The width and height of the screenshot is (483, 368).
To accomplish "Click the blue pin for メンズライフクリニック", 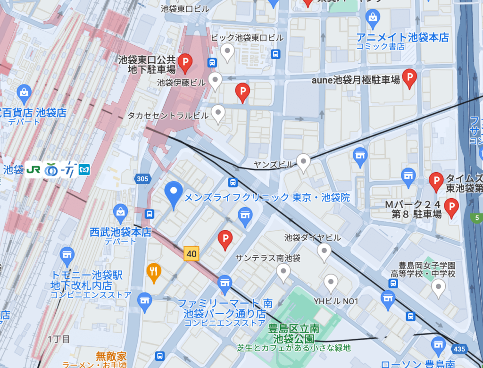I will pyautogui.click(x=173, y=194).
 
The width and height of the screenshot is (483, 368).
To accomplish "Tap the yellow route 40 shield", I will pyautogui.click(x=191, y=254).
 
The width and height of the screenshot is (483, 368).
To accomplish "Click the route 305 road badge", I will pyautogui.click(x=142, y=179).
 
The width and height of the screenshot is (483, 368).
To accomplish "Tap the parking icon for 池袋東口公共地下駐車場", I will pyautogui.click(x=186, y=61).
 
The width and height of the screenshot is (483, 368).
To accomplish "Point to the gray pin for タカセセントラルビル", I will pyautogui.click(x=217, y=113).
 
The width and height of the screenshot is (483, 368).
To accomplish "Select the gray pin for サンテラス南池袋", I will pyautogui.click(x=283, y=272).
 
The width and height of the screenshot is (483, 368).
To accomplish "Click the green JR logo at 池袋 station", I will pyautogui.click(x=33, y=169).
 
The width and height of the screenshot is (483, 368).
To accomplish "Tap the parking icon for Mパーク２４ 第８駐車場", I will pyautogui.click(x=452, y=207).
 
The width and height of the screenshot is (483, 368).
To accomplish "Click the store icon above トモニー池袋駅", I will pyautogui.click(x=67, y=255).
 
